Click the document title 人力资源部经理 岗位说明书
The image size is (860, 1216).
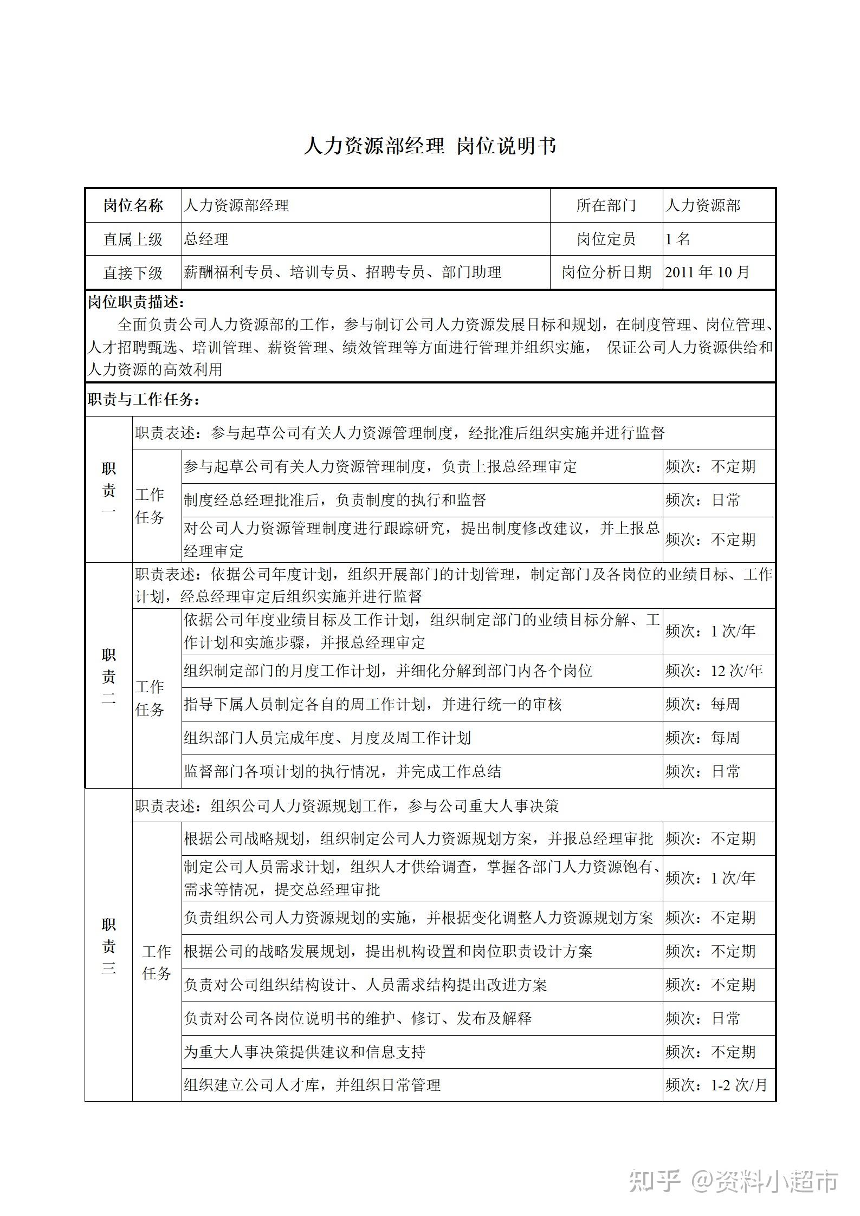point(430,146)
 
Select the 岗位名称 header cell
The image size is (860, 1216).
point(133,205)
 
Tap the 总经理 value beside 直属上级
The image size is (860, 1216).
point(206,239)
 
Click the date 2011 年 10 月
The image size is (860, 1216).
point(707,272)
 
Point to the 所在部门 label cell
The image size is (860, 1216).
point(606,205)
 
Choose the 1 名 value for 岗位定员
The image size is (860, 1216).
point(678,239)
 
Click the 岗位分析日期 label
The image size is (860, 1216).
point(606,272)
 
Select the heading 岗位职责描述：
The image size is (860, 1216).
point(137,302)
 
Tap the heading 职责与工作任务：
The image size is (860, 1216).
point(144,400)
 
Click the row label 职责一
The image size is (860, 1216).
point(109,489)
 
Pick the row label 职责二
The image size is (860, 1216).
point(109,677)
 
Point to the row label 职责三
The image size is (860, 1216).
point(109,946)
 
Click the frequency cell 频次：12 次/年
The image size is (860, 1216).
point(714,671)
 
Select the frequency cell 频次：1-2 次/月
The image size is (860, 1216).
point(716,1085)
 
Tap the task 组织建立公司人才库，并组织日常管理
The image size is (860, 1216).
point(312,1085)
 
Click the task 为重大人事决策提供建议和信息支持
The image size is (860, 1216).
point(305,1052)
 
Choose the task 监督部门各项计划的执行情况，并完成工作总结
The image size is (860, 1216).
point(342,771)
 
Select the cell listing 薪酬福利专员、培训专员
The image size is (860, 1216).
point(342,272)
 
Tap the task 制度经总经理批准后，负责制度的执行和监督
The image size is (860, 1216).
point(335,500)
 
